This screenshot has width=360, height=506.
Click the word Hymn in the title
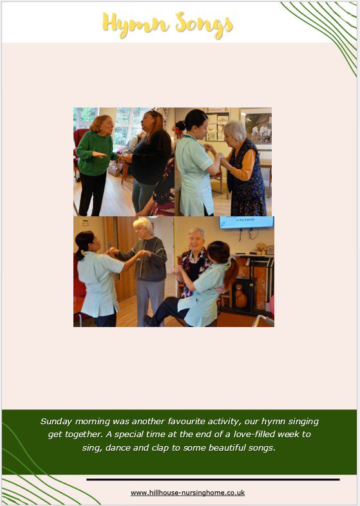tap(136, 24)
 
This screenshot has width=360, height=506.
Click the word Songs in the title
tap(204, 25)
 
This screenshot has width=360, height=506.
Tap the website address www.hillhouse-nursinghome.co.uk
tap(187, 492)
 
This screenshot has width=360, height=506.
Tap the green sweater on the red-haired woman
tap(95, 153)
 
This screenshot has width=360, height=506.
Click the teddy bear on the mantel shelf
tap(261, 248)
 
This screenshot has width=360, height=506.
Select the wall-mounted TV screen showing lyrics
tap(247, 222)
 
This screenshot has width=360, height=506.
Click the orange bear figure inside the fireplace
tap(241, 296)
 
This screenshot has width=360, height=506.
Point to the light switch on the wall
tap(86, 222)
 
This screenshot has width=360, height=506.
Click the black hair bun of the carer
tap(180, 125)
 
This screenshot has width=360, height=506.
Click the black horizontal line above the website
tap(213, 480)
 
